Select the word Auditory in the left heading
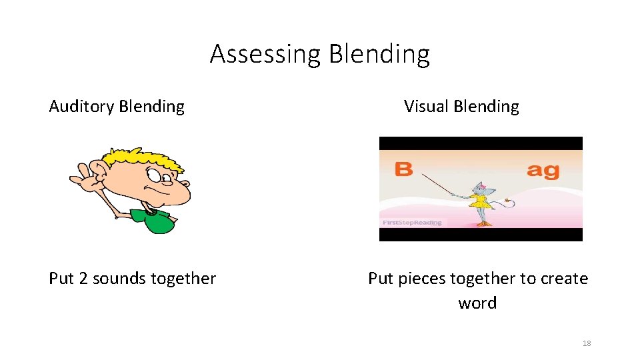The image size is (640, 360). [x=81, y=107]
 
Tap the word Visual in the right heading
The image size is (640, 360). [x=426, y=107]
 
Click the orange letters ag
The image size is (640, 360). [x=543, y=170]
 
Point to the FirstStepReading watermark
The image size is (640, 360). [x=411, y=223]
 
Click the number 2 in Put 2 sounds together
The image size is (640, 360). [x=83, y=279]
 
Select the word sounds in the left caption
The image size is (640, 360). [x=117, y=279]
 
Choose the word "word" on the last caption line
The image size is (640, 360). [x=477, y=303]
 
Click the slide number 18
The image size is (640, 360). [x=587, y=343]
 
